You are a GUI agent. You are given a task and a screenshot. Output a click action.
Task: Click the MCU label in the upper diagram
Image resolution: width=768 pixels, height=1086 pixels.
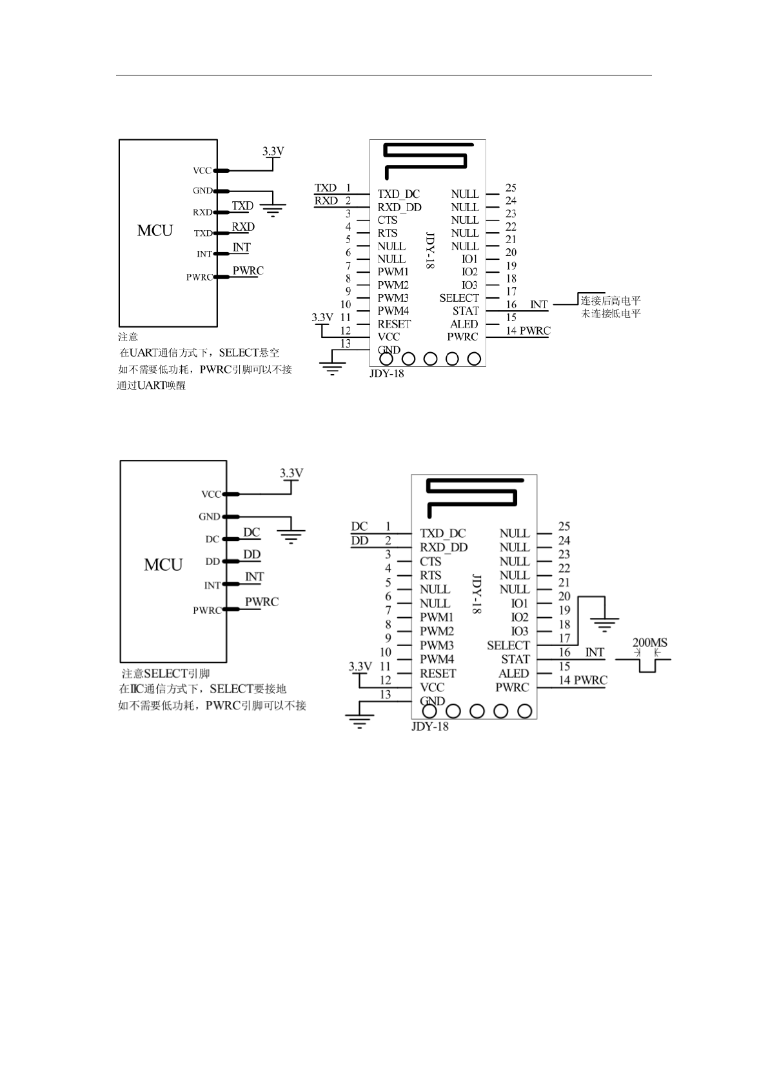click(x=155, y=231)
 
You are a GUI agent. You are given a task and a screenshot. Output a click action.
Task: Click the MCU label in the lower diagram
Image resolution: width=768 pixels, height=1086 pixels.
click(x=163, y=565)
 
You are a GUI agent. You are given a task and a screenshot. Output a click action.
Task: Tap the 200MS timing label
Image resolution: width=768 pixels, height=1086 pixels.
click(x=649, y=642)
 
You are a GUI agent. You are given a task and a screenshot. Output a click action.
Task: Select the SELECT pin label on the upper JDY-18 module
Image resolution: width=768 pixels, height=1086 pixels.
click(x=459, y=298)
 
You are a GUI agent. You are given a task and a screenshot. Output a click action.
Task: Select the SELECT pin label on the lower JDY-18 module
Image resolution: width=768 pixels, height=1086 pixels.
click(x=508, y=646)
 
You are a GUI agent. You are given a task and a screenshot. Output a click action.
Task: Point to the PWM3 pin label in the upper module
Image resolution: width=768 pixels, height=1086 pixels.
click(x=393, y=298)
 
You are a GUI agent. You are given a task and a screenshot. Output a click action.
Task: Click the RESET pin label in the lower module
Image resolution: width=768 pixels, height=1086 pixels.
click(x=438, y=673)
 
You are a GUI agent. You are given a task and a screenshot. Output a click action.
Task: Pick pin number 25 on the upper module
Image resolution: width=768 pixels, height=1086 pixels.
click(x=511, y=188)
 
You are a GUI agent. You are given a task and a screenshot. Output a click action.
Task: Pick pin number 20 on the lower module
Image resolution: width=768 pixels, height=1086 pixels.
click(x=564, y=597)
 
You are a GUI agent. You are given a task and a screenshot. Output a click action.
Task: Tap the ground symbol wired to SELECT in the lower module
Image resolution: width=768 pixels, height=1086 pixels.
click(x=604, y=624)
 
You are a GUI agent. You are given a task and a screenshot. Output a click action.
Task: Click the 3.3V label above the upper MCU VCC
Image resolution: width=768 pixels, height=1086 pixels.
click(x=273, y=152)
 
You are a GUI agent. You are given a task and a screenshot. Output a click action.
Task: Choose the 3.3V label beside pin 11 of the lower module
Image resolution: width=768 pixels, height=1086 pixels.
click(x=360, y=666)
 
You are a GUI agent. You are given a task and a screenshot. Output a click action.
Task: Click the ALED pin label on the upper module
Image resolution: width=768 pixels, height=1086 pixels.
click(x=464, y=324)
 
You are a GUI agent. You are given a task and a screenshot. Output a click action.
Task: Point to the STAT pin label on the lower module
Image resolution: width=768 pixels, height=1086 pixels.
click(x=515, y=659)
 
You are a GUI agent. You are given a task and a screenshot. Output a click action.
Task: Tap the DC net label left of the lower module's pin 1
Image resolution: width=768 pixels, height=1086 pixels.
click(x=359, y=527)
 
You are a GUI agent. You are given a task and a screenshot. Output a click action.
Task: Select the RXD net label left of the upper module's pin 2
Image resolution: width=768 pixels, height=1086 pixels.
click(x=326, y=201)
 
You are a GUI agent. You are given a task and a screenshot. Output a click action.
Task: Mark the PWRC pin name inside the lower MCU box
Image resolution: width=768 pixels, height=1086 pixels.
click(x=207, y=610)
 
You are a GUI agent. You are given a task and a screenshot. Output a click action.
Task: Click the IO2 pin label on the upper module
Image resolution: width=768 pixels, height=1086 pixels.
click(x=469, y=272)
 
